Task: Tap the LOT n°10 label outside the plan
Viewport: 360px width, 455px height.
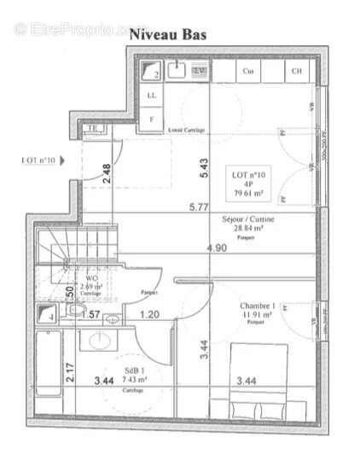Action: tap(38, 160)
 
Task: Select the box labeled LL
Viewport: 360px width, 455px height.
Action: tap(153, 96)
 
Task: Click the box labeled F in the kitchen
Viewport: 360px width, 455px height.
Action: tap(153, 118)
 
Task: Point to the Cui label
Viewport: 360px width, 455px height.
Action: tap(249, 72)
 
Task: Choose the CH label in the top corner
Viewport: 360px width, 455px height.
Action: tap(297, 72)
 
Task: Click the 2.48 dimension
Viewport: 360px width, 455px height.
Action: tap(107, 174)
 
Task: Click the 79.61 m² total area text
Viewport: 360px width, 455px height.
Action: tap(250, 193)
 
